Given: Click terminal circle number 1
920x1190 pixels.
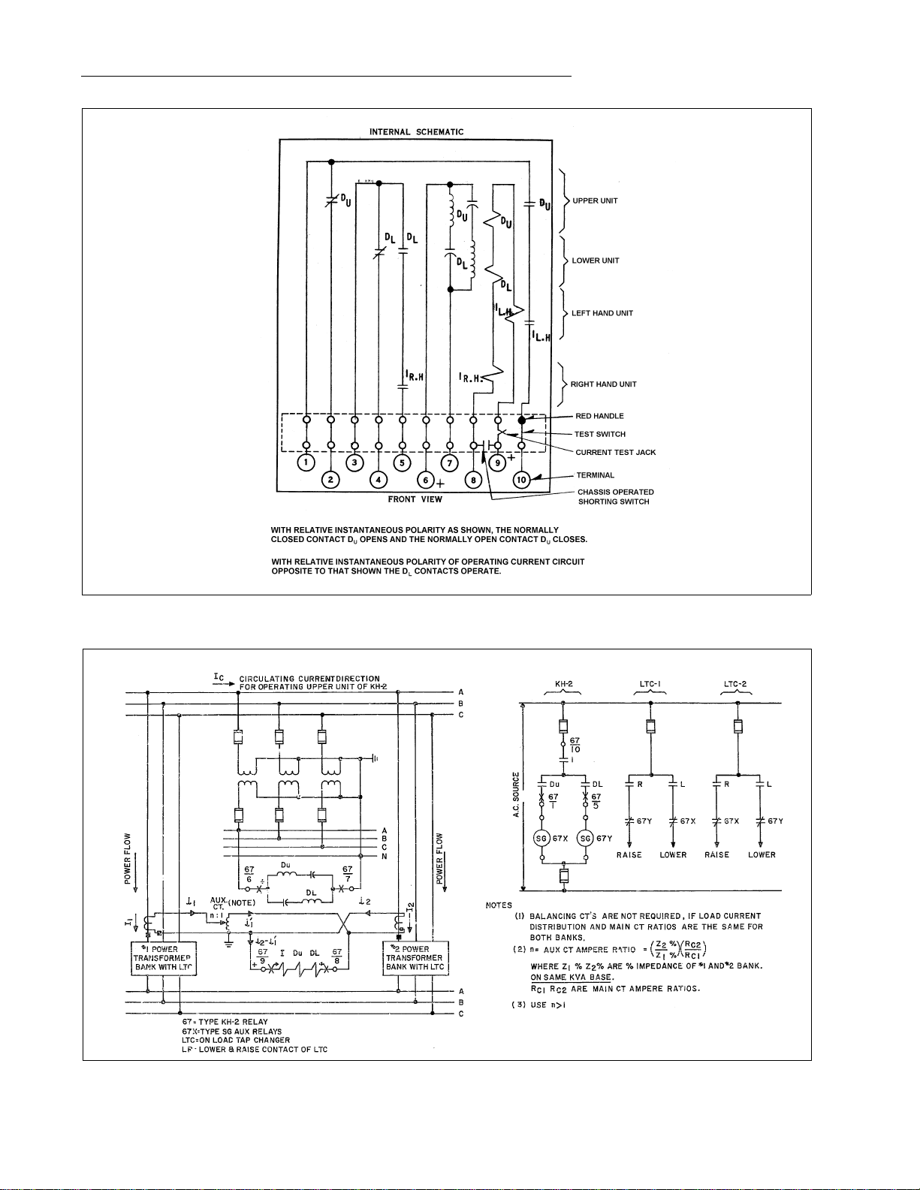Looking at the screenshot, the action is (306, 462).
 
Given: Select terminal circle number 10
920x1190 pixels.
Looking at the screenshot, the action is (521, 480).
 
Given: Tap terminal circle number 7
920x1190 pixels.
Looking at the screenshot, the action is (449, 462).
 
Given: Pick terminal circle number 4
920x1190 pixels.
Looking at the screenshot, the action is (379, 480).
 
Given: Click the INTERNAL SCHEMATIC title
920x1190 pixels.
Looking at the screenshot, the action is (416, 132).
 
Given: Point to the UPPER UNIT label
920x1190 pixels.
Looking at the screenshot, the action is (595, 201).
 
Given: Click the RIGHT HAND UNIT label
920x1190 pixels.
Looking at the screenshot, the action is (603, 384).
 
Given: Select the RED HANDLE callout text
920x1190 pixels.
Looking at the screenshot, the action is (599, 416).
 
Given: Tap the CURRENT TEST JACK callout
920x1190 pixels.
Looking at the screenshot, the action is (615, 453).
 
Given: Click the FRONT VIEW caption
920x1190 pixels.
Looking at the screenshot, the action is (415, 499).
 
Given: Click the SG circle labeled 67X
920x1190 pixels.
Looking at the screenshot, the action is (542, 839).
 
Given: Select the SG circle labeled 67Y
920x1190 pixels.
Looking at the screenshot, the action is (585, 839).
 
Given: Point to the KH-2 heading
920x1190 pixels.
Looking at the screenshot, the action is (564, 684).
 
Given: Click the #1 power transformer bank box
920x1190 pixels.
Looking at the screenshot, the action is (164, 958).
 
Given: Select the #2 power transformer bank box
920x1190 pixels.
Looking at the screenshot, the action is (415, 958).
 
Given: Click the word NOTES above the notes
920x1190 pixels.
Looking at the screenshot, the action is (499, 905).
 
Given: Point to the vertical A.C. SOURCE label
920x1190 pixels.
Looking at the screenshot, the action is (516, 796).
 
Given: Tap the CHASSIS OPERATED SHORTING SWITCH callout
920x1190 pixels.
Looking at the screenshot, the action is (615, 497).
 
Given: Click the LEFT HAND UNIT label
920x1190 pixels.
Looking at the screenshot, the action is (602, 314).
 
